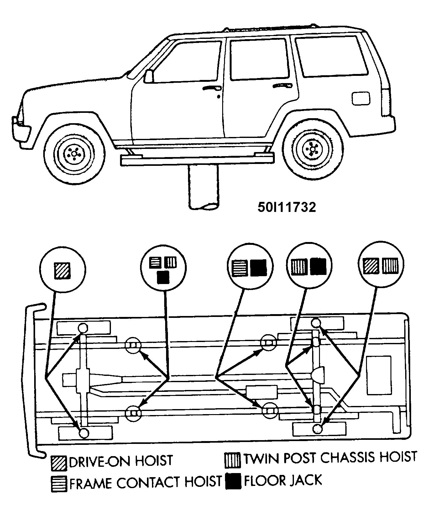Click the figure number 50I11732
[x=286, y=207]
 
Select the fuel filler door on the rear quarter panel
[x=361, y=98]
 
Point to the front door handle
[x=211, y=88]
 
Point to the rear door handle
[x=282, y=85]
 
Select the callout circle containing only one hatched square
[x=62, y=270]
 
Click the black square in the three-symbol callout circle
[x=163, y=277]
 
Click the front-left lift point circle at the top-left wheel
[x=83, y=328]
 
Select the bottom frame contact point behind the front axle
[x=133, y=413]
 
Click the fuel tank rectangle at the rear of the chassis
[x=379, y=375]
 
